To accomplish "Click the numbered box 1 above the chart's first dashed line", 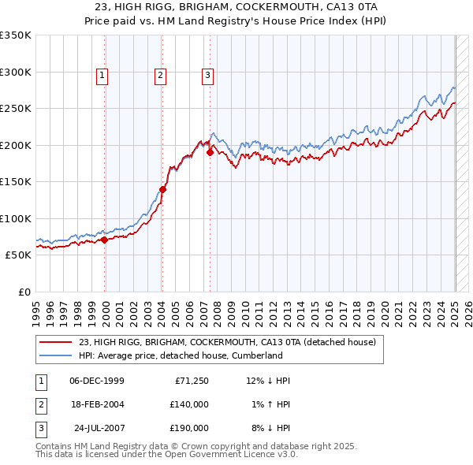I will click(x=103, y=76).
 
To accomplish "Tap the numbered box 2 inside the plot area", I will click(x=160, y=76).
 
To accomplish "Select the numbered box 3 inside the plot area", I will click(x=207, y=76).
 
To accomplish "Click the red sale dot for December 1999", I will click(x=104, y=240).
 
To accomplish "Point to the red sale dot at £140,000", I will click(x=162, y=189).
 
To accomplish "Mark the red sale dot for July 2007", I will click(x=210, y=153).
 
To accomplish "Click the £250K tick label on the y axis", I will click(x=16, y=108).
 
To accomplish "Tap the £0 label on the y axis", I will click(x=24, y=292).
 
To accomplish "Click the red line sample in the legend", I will click(x=54, y=342).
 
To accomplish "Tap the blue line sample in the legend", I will click(x=54, y=355).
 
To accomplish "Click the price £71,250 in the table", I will click(x=189, y=381).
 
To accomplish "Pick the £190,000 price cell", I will click(x=189, y=428).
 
